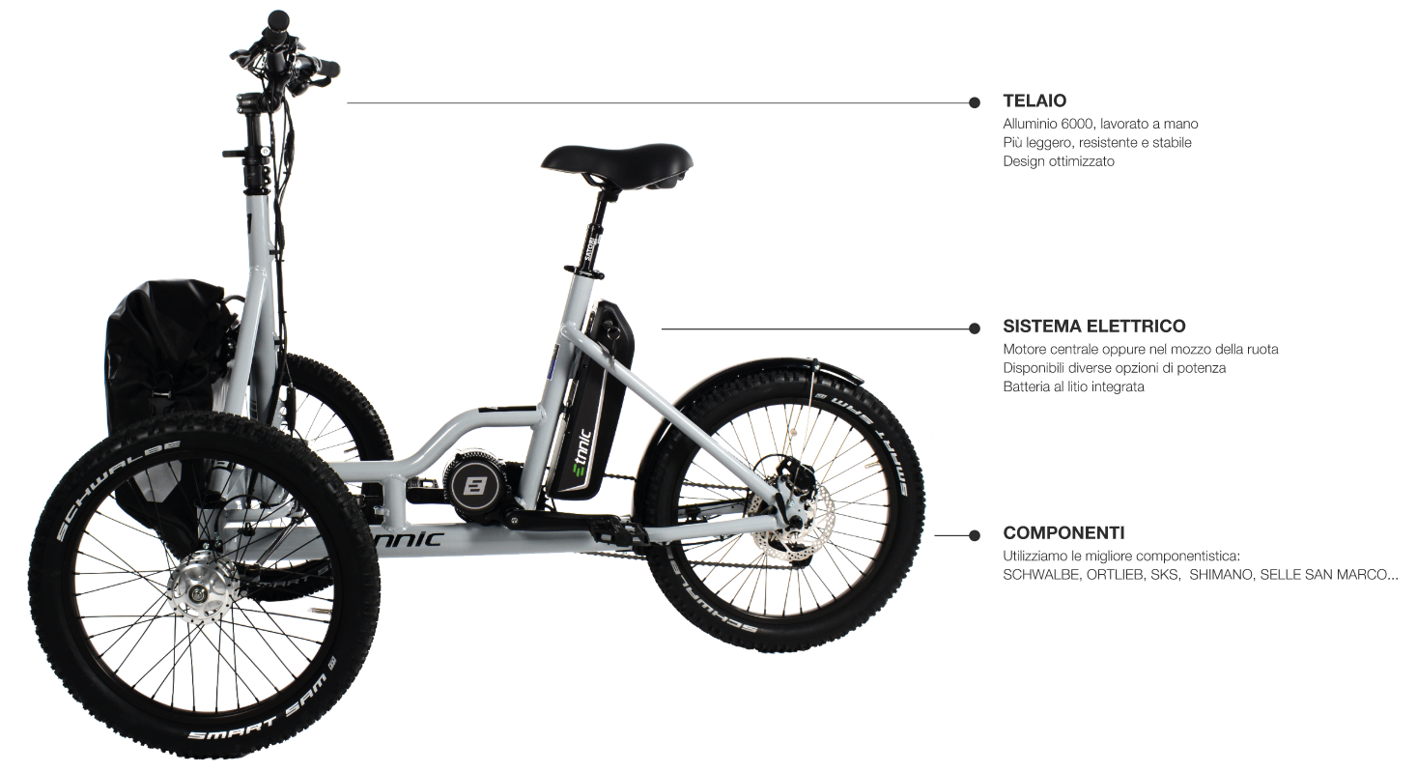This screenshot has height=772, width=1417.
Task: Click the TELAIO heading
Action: (1034, 100)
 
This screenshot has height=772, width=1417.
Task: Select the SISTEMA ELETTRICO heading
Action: (1093, 327)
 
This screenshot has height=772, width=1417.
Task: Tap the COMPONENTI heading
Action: (1063, 532)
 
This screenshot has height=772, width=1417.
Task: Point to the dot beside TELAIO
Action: (975, 101)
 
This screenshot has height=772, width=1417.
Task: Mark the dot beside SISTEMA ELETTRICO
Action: (975, 329)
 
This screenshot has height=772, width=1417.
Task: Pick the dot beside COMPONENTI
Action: (975, 534)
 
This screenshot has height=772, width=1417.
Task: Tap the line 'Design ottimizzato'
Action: (1059, 161)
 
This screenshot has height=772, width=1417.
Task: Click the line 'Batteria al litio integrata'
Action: (1073, 386)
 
